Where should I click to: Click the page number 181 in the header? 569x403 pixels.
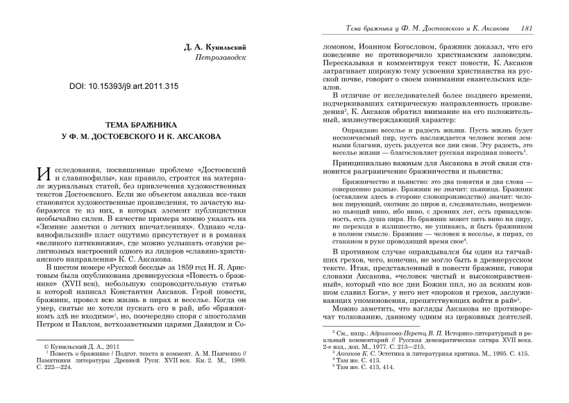(525, 28)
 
